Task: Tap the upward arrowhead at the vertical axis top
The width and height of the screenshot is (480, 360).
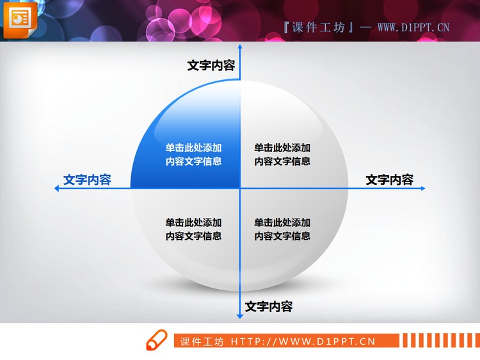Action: click(240, 48)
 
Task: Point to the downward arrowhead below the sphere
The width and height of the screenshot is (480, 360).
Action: click(240, 315)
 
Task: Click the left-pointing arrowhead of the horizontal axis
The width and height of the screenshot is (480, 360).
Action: click(58, 188)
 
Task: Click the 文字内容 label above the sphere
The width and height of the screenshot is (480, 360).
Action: click(211, 65)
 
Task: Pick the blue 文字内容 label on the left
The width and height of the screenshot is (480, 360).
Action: click(87, 180)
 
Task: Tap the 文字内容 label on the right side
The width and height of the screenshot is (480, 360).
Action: click(389, 180)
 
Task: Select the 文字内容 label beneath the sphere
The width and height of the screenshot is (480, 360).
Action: click(269, 306)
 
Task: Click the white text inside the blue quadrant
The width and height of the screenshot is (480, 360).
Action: click(193, 154)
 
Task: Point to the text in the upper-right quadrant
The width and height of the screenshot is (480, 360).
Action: click(282, 154)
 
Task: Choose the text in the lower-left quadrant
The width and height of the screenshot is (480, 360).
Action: click(193, 229)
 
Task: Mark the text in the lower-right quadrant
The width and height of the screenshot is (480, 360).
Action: click(282, 229)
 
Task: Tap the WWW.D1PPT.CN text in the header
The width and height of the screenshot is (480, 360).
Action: click(413, 27)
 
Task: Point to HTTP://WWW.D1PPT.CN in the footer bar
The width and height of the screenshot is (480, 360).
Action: click(303, 341)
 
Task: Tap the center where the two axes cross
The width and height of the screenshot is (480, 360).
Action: click(240, 188)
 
